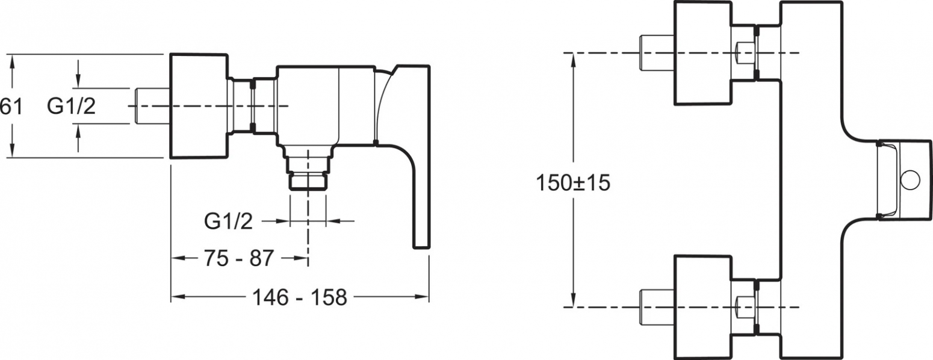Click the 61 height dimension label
click(11, 107)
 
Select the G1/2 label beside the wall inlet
click(71, 106)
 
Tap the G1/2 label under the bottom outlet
click(228, 222)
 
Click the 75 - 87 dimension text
click(238, 258)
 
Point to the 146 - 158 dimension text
click(300, 297)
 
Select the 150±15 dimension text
click(572, 183)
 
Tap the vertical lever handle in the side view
click(421, 196)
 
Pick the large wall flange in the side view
click(198, 106)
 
